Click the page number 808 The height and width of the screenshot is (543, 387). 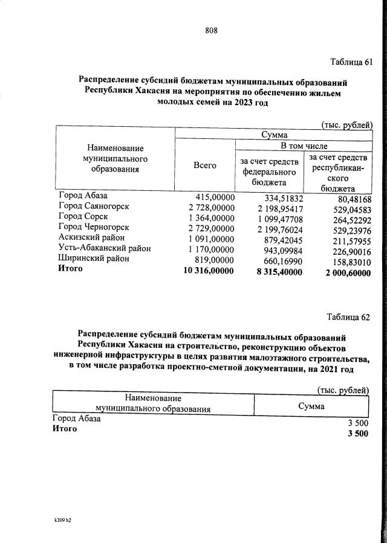coord(211,31)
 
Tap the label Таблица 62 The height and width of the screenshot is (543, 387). coord(348,316)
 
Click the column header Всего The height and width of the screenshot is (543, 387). coord(205,165)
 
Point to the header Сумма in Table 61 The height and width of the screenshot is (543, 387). coord(274,135)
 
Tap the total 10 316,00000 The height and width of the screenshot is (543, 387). coord(208,269)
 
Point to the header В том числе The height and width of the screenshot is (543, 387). coord(303,146)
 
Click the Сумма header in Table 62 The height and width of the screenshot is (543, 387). coord(311,406)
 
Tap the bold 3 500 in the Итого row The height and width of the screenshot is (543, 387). coord(358,434)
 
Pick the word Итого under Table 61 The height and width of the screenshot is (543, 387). coord(71,269)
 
